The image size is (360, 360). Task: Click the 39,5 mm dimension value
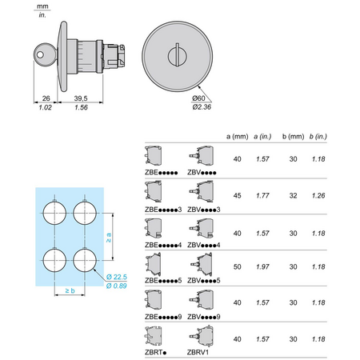81,98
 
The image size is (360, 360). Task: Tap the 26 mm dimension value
46,98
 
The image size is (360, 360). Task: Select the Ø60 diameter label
198,98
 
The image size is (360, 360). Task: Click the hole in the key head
40,54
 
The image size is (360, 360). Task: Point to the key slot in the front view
177,54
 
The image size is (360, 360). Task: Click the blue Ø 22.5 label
117,277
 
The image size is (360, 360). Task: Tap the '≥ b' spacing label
70,290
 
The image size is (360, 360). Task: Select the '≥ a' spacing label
109,238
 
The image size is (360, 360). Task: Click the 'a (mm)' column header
237,137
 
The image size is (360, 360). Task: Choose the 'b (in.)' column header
318,137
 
